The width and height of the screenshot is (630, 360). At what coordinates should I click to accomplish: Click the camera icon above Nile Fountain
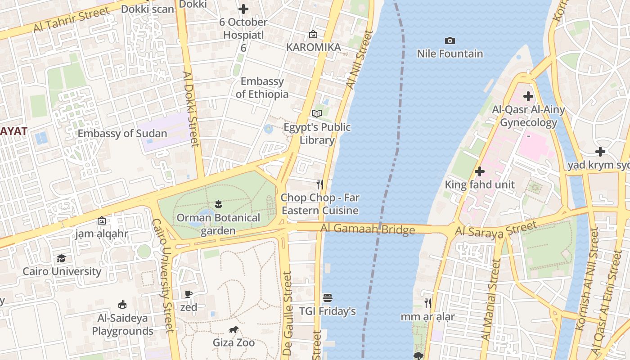[450, 41]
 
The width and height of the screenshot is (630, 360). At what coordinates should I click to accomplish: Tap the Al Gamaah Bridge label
[368, 229]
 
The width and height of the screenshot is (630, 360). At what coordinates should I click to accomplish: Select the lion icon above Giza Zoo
[234, 330]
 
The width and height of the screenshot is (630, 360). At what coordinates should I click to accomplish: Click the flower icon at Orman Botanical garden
[218, 204]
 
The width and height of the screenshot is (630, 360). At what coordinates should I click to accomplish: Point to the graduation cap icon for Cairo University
[61, 258]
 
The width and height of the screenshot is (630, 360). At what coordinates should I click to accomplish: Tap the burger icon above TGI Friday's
[328, 298]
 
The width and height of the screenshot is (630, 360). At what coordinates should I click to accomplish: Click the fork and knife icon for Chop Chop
[320, 184]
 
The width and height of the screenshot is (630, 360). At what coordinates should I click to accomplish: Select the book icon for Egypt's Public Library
[317, 114]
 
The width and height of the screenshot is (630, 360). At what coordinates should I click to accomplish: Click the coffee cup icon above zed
[189, 294]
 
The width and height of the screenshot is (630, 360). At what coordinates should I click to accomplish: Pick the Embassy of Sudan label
[122, 134]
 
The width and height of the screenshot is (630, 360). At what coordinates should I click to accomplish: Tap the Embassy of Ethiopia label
[262, 88]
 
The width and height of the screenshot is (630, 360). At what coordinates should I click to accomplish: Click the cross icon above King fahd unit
[480, 171]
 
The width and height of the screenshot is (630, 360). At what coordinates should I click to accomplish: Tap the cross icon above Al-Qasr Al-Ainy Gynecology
[528, 96]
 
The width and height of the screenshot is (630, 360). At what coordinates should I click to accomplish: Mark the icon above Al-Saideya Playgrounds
[122, 305]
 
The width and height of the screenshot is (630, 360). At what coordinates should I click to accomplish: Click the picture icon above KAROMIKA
[313, 34]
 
